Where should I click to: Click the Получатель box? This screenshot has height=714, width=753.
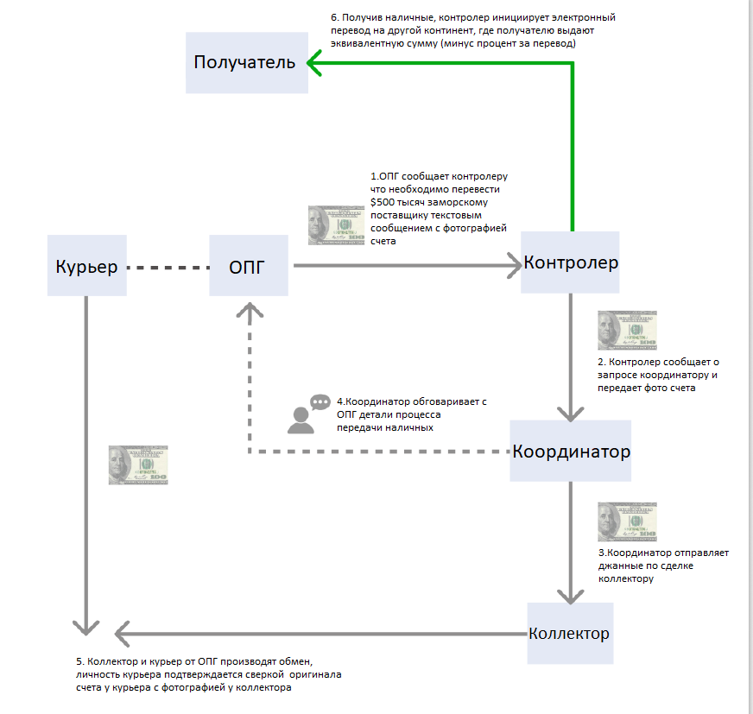tap(247, 63)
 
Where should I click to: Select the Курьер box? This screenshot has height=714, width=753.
tap(87, 266)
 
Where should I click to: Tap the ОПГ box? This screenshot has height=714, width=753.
tap(249, 266)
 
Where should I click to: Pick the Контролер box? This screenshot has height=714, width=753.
tap(570, 262)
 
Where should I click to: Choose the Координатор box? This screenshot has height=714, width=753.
tap(571, 451)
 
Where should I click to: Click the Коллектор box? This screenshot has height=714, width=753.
tap(571, 634)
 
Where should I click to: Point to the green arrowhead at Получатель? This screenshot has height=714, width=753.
tap(314, 63)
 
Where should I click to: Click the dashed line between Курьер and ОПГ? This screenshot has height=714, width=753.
tap(168, 268)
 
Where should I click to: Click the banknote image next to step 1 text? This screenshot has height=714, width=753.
tap(336, 225)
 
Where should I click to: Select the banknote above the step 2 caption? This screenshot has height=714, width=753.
tap(627, 331)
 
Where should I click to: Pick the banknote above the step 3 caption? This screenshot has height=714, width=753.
tap(627, 522)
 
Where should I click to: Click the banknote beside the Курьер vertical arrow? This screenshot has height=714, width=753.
tap(138, 464)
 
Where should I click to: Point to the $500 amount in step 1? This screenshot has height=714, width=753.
tap(383, 202)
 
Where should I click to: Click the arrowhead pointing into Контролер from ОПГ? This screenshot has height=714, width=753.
tap(515, 266)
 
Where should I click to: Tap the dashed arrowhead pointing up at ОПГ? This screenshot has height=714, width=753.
tap(250, 310)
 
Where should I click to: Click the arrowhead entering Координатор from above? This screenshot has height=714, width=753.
tap(571, 414)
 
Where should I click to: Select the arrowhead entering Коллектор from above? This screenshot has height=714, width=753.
tap(571, 597)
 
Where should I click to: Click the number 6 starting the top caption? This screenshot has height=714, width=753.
tap(334, 18)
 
